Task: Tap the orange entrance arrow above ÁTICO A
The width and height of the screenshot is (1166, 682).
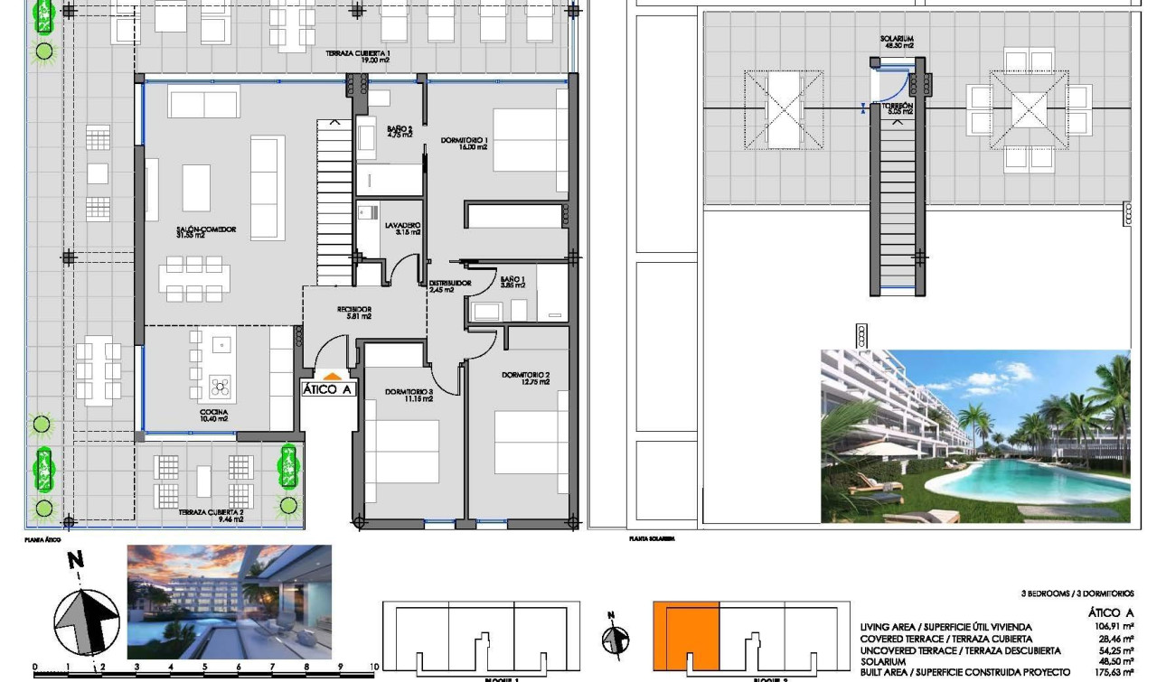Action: [332, 376]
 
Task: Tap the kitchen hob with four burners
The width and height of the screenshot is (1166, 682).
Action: [221, 387]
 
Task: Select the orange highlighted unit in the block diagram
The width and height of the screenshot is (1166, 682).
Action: [686, 635]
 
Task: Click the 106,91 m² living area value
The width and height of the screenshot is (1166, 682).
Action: [1114, 627]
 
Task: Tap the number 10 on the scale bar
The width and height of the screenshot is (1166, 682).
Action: [374, 668]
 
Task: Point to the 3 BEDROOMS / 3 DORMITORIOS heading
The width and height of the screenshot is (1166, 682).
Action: [1077, 594]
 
